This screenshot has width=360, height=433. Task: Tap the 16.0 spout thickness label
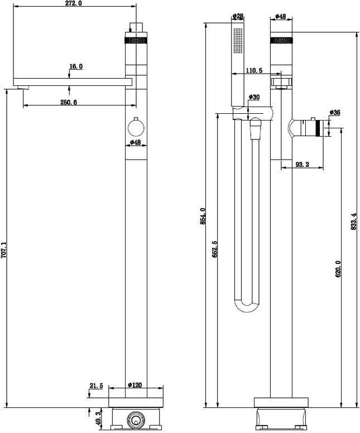(x=76, y=66)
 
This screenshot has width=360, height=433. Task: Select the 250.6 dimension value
(x=69, y=102)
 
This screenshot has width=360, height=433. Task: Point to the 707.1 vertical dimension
(x=3, y=250)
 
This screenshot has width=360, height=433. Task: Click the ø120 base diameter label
(x=135, y=385)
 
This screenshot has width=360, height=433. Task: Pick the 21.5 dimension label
(x=96, y=386)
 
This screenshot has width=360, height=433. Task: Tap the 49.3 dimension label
(x=99, y=419)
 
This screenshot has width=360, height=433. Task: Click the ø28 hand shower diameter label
(x=238, y=16)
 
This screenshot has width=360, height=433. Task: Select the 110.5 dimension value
(x=254, y=70)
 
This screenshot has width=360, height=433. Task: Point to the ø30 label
(x=254, y=97)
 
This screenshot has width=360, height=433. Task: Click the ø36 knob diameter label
(x=335, y=112)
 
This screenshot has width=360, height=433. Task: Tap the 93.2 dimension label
(x=303, y=164)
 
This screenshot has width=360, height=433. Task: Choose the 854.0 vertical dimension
(x=203, y=216)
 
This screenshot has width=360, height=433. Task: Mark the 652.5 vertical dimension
(x=215, y=249)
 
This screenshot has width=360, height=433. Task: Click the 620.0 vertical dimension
(x=338, y=269)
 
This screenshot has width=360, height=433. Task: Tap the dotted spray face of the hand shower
(x=238, y=41)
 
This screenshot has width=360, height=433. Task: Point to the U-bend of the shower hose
(x=247, y=307)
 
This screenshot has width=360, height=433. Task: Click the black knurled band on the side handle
(x=319, y=128)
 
